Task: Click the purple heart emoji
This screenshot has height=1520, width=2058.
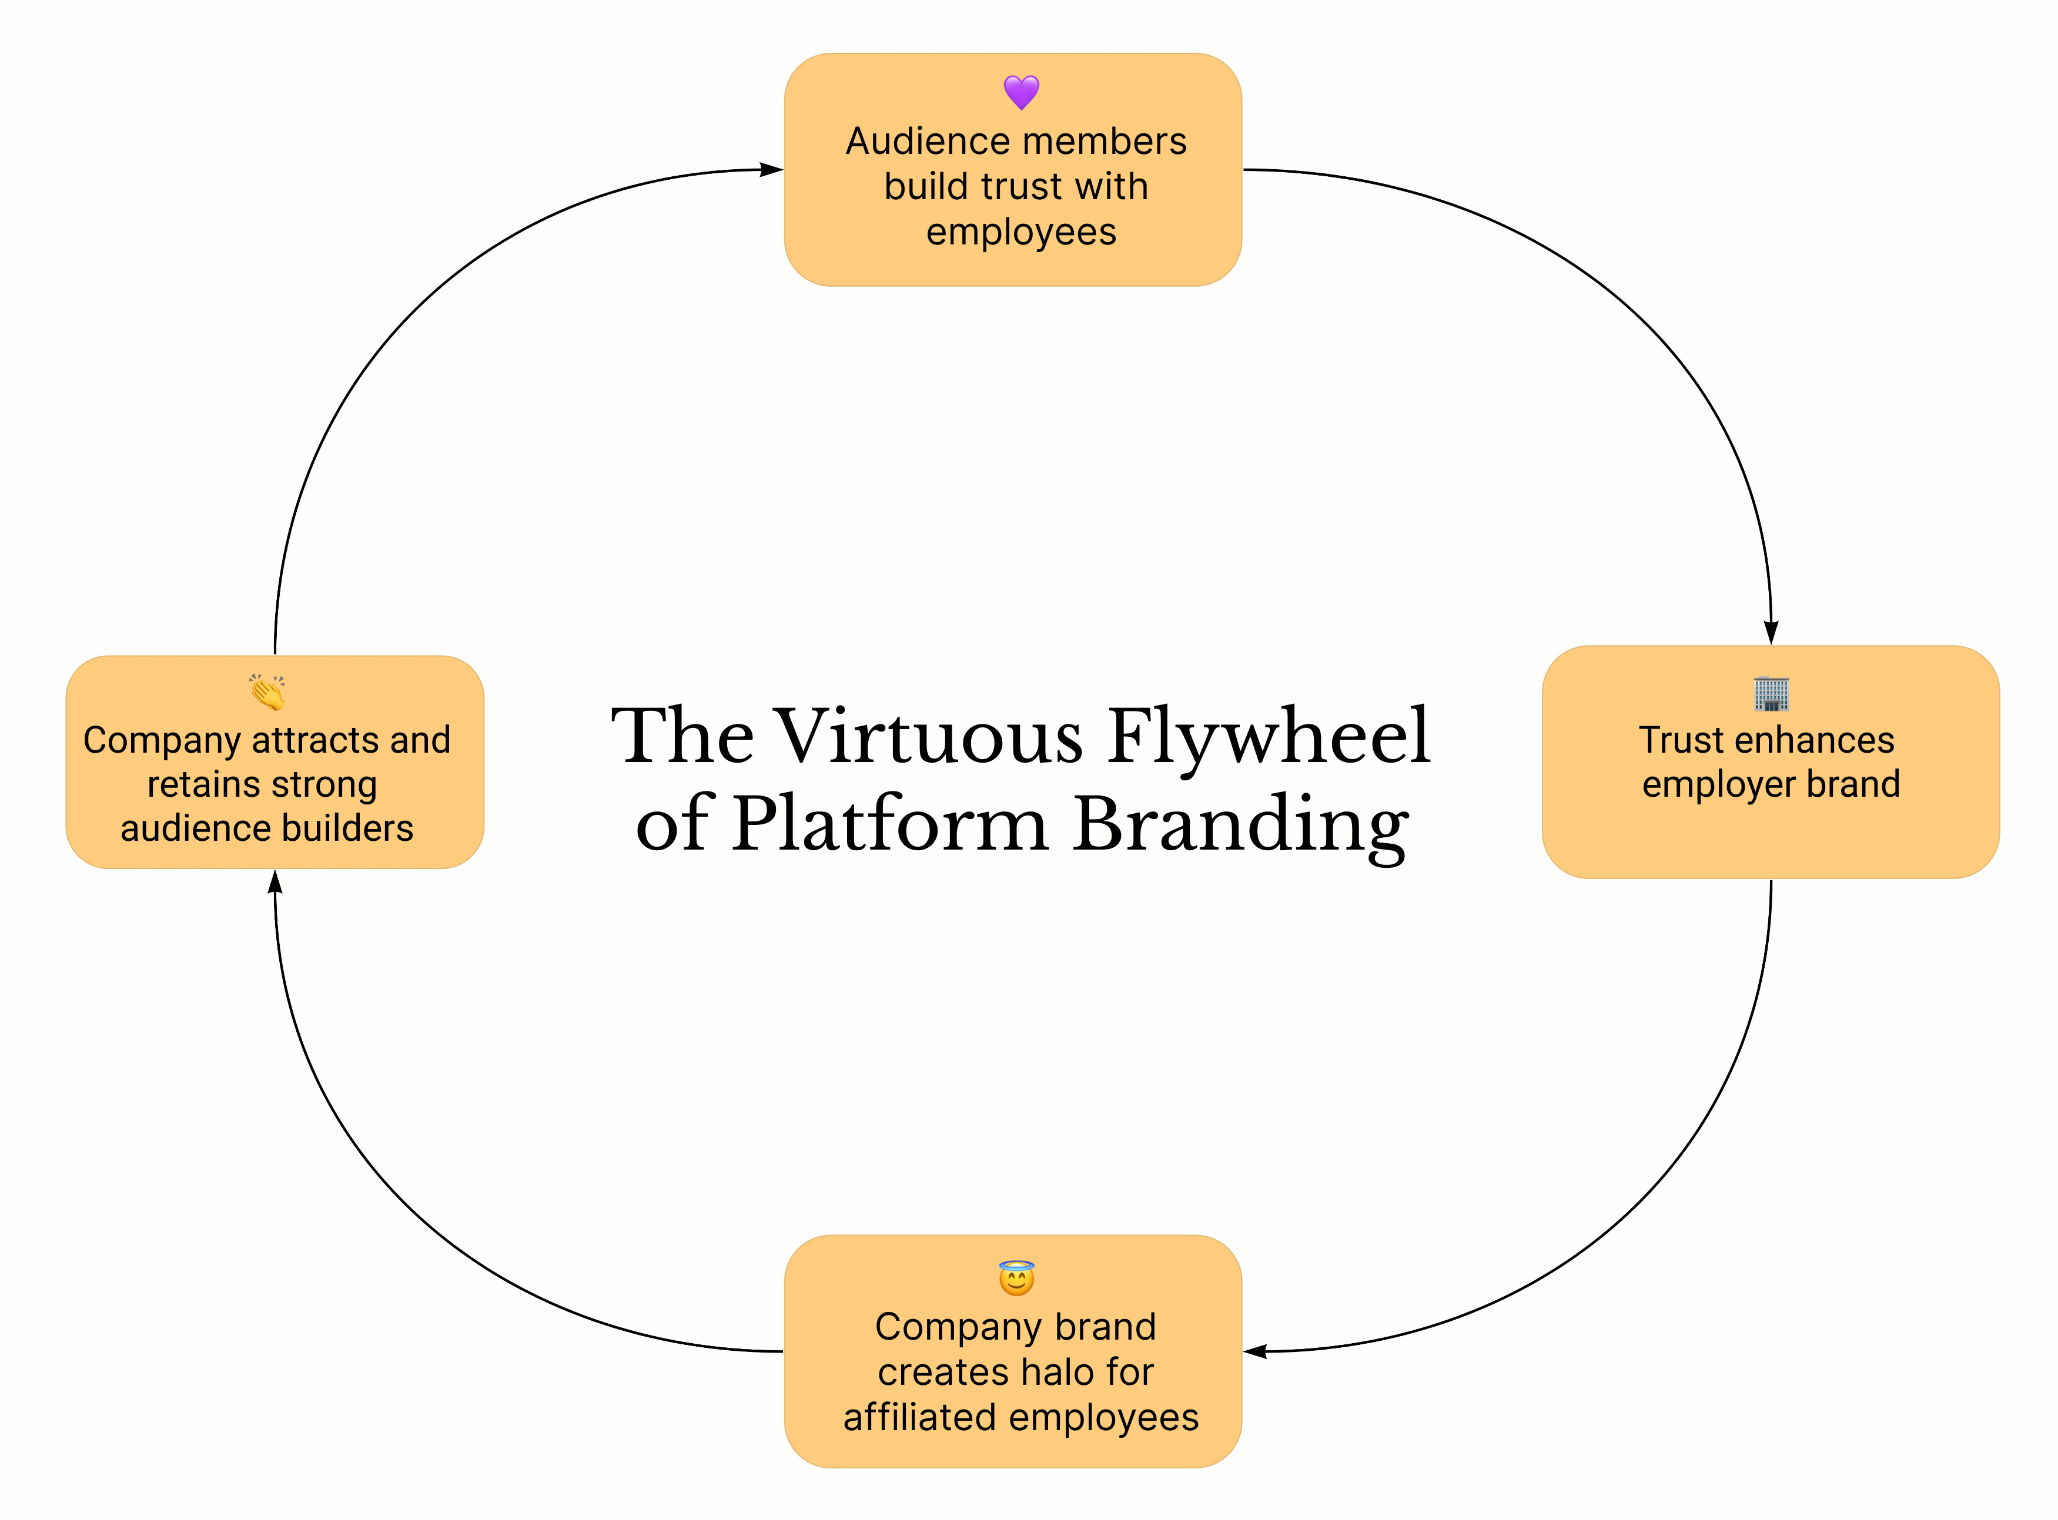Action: pos(1020,92)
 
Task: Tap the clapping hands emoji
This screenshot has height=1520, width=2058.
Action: pos(267,692)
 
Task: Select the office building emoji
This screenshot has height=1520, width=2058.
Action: pos(1771,693)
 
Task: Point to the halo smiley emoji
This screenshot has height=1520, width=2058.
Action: pos(1016,1278)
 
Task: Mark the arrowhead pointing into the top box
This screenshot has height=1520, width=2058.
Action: pos(771,169)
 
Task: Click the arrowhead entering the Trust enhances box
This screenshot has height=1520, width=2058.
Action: pos(1771,633)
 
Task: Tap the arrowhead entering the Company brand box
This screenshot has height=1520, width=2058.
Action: pos(1256,1351)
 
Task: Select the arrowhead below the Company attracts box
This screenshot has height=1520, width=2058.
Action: pos(275,881)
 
